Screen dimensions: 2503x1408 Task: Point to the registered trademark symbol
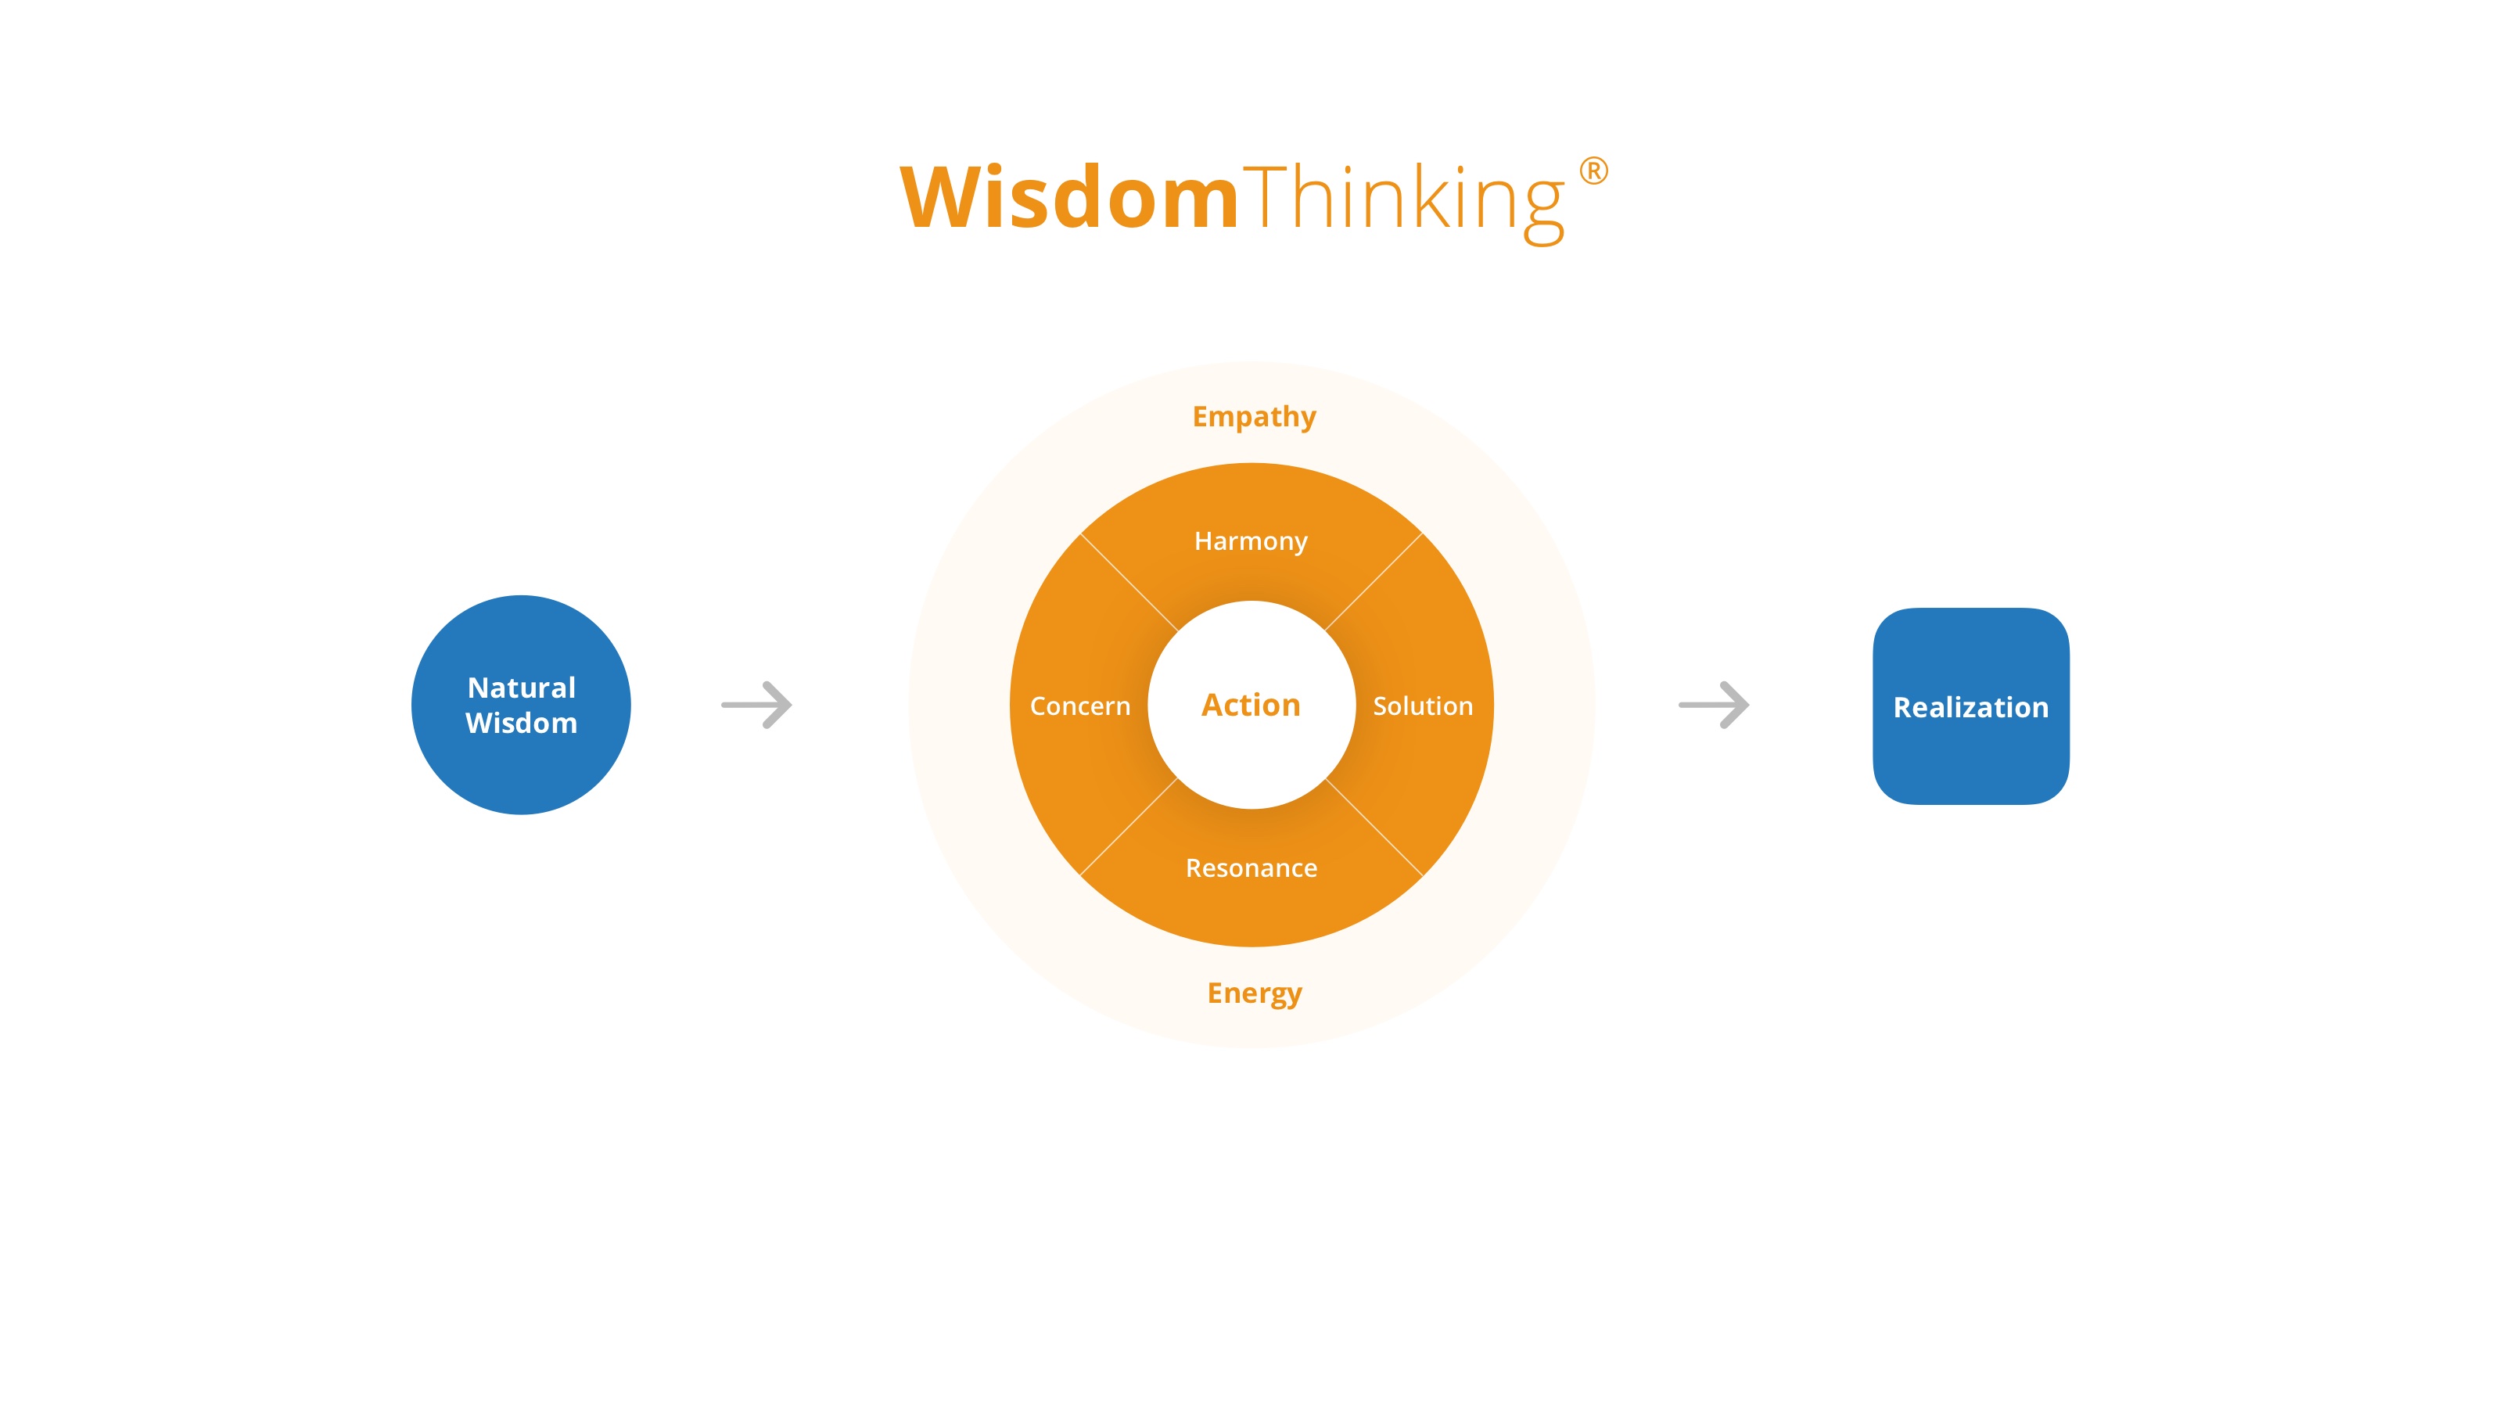coord(1593,171)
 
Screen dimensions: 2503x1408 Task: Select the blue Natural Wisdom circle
coord(521,705)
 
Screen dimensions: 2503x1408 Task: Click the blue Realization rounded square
coord(1970,706)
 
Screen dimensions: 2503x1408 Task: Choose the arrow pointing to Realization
coord(1714,705)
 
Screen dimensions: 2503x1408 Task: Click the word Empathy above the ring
coord(1253,417)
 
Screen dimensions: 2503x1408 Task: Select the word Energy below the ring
coord(1253,993)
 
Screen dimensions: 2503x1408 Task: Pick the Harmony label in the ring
coord(1251,541)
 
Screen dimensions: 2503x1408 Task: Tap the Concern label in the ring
coord(1079,706)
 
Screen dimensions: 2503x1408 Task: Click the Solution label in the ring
coord(1423,706)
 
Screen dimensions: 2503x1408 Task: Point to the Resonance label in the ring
coord(1251,867)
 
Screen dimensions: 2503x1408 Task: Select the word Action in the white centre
coord(1251,705)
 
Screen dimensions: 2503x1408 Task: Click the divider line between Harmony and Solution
coord(1374,582)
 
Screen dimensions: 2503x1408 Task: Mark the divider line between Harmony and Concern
coord(1129,582)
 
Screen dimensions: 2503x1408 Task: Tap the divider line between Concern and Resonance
coord(1129,827)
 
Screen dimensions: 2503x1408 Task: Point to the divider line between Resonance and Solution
coord(1374,827)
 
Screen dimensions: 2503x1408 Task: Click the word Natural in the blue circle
coord(521,688)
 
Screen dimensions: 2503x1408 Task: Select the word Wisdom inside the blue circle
coord(521,723)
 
